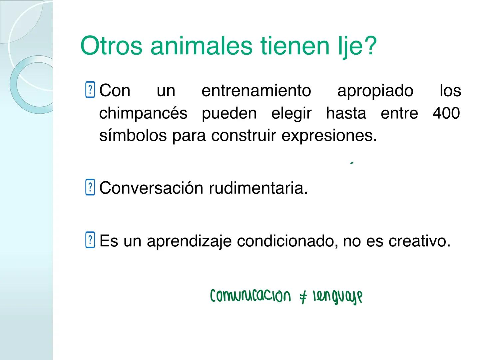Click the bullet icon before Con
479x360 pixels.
[90, 90]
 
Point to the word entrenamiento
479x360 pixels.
[256, 91]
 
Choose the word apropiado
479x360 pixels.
[375, 91]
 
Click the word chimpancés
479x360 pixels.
[143, 114]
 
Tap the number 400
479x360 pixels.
[446, 113]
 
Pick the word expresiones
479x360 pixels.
[329, 136]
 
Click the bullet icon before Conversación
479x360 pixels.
[90, 188]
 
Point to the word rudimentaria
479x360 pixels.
[258, 188]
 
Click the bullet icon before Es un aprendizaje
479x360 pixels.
[90, 240]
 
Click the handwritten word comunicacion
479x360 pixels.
[250, 296]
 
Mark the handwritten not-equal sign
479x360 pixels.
[303, 296]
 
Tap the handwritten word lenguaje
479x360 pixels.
[337, 297]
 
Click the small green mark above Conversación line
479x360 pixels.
[351, 163]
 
